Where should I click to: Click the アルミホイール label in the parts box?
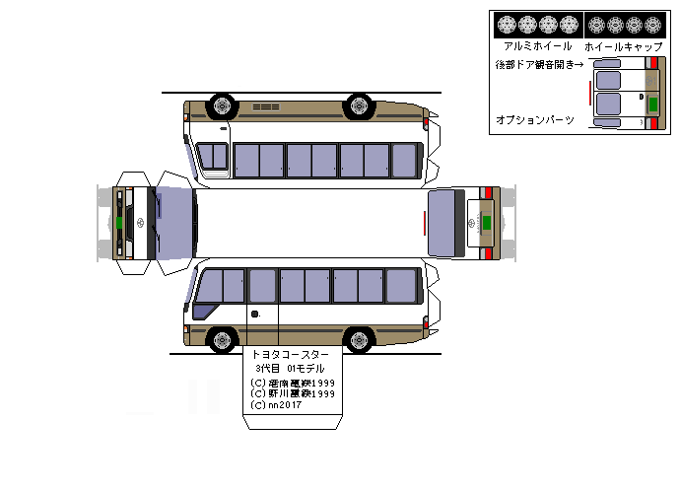[537, 46]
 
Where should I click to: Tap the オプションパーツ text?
[535, 119]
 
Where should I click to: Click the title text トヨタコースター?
[292, 354]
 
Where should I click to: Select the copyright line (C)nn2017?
[279, 404]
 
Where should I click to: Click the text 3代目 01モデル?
[292, 369]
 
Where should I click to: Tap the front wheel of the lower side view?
[224, 341]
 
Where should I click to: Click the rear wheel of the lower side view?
[359, 341]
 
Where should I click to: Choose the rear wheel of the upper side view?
[359, 104]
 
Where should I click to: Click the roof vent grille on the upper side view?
[266, 106]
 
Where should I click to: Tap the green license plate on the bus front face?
[119, 223]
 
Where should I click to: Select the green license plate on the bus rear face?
[486, 222]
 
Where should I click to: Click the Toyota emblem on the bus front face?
[138, 222]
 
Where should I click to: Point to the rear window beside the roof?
[445, 223]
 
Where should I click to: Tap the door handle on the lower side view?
[254, 315]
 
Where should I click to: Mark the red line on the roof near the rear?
[425, 223]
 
